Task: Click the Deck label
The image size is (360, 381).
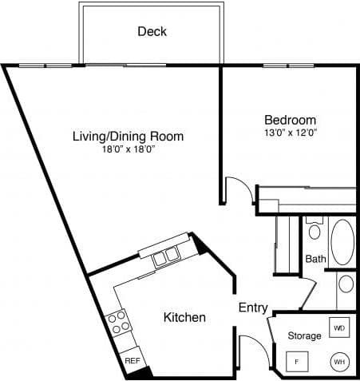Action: tap(152, 32)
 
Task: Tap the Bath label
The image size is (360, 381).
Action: tap(315, 259)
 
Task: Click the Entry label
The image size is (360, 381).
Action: tap(252, 307)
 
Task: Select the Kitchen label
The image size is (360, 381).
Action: tap(184, 317)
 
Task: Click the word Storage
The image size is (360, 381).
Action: tap(304, 335)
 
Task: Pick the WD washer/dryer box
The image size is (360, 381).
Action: tap(339, 328)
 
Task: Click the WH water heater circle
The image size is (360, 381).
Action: tap(339, 362)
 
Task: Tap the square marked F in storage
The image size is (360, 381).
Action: tap(298, 362)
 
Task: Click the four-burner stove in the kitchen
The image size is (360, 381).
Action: tap(120, 322)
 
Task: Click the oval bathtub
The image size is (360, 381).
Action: tap(343, 242)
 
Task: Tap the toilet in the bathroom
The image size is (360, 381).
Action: tap(315, 231)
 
